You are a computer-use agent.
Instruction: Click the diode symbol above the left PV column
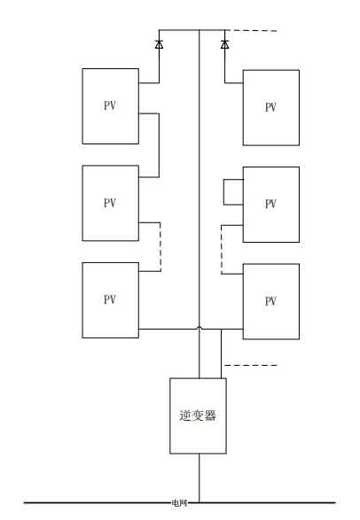point(159,44)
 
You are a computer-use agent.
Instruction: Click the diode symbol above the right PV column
point(224,44)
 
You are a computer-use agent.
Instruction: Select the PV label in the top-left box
point(110,105)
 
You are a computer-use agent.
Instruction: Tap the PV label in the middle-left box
point(110,203)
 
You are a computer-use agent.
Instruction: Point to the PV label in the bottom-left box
point(110,299)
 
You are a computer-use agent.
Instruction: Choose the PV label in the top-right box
point(270,107)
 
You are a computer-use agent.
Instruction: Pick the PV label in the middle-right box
point(270,204)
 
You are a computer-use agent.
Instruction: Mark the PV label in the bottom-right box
point(270,301)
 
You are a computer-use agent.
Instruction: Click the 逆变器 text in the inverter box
point(198,415)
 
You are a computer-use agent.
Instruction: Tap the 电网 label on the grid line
point(179,503)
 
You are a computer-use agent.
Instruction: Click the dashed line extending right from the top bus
point(251,30)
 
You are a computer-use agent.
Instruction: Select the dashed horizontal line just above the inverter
point(250,365)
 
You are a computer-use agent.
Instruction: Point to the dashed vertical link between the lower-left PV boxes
point(160,247)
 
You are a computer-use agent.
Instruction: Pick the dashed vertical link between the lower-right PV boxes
point(222,250)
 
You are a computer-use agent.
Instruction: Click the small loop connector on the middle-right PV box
point(223,192)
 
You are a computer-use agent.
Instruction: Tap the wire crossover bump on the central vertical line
point(200,328)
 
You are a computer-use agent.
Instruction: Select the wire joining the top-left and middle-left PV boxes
point(159,145)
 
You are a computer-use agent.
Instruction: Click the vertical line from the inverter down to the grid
point(200,478)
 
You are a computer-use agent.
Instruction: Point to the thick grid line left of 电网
point(98,503)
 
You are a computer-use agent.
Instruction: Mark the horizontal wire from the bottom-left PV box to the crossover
point(168,329)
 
